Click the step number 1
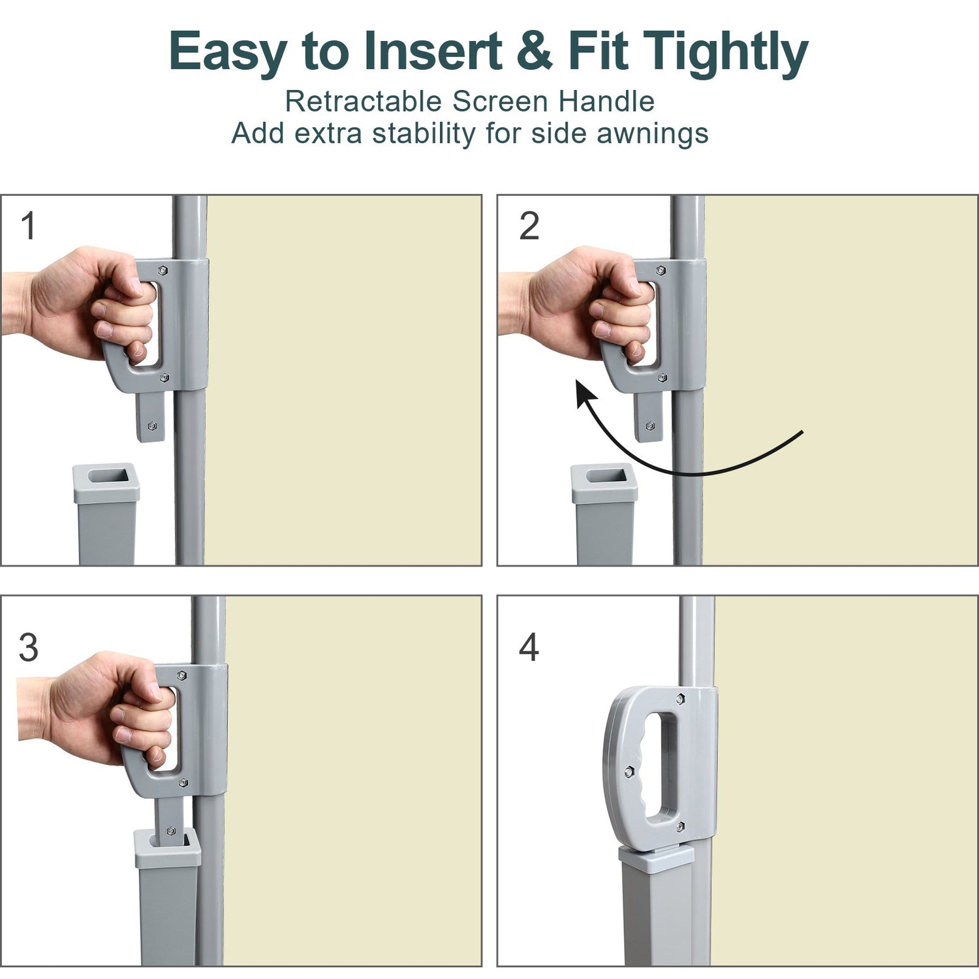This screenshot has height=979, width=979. (28, 226)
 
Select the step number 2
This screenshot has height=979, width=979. (529, 226)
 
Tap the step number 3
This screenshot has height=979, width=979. (28, 647)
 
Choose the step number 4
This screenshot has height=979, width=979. (529, 647)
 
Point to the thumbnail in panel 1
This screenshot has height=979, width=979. (137, 287)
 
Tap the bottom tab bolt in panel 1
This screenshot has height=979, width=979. (152, 426)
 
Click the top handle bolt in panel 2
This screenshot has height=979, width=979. (660, 270)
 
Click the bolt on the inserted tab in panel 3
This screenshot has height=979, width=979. (171, 831)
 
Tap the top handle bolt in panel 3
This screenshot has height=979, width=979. (182, 675)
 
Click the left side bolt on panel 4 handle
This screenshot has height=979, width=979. (629, 771)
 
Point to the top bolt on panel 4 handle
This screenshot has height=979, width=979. (680, 699)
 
